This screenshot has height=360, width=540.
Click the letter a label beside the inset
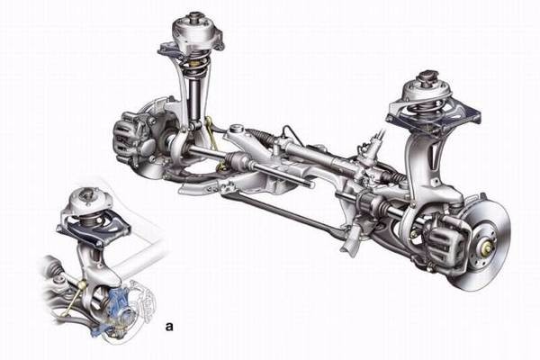point(169,326)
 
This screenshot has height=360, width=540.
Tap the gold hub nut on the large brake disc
point(487,247)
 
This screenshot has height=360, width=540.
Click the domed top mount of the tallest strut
point(196,31)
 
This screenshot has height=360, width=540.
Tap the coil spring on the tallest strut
point(197,67)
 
